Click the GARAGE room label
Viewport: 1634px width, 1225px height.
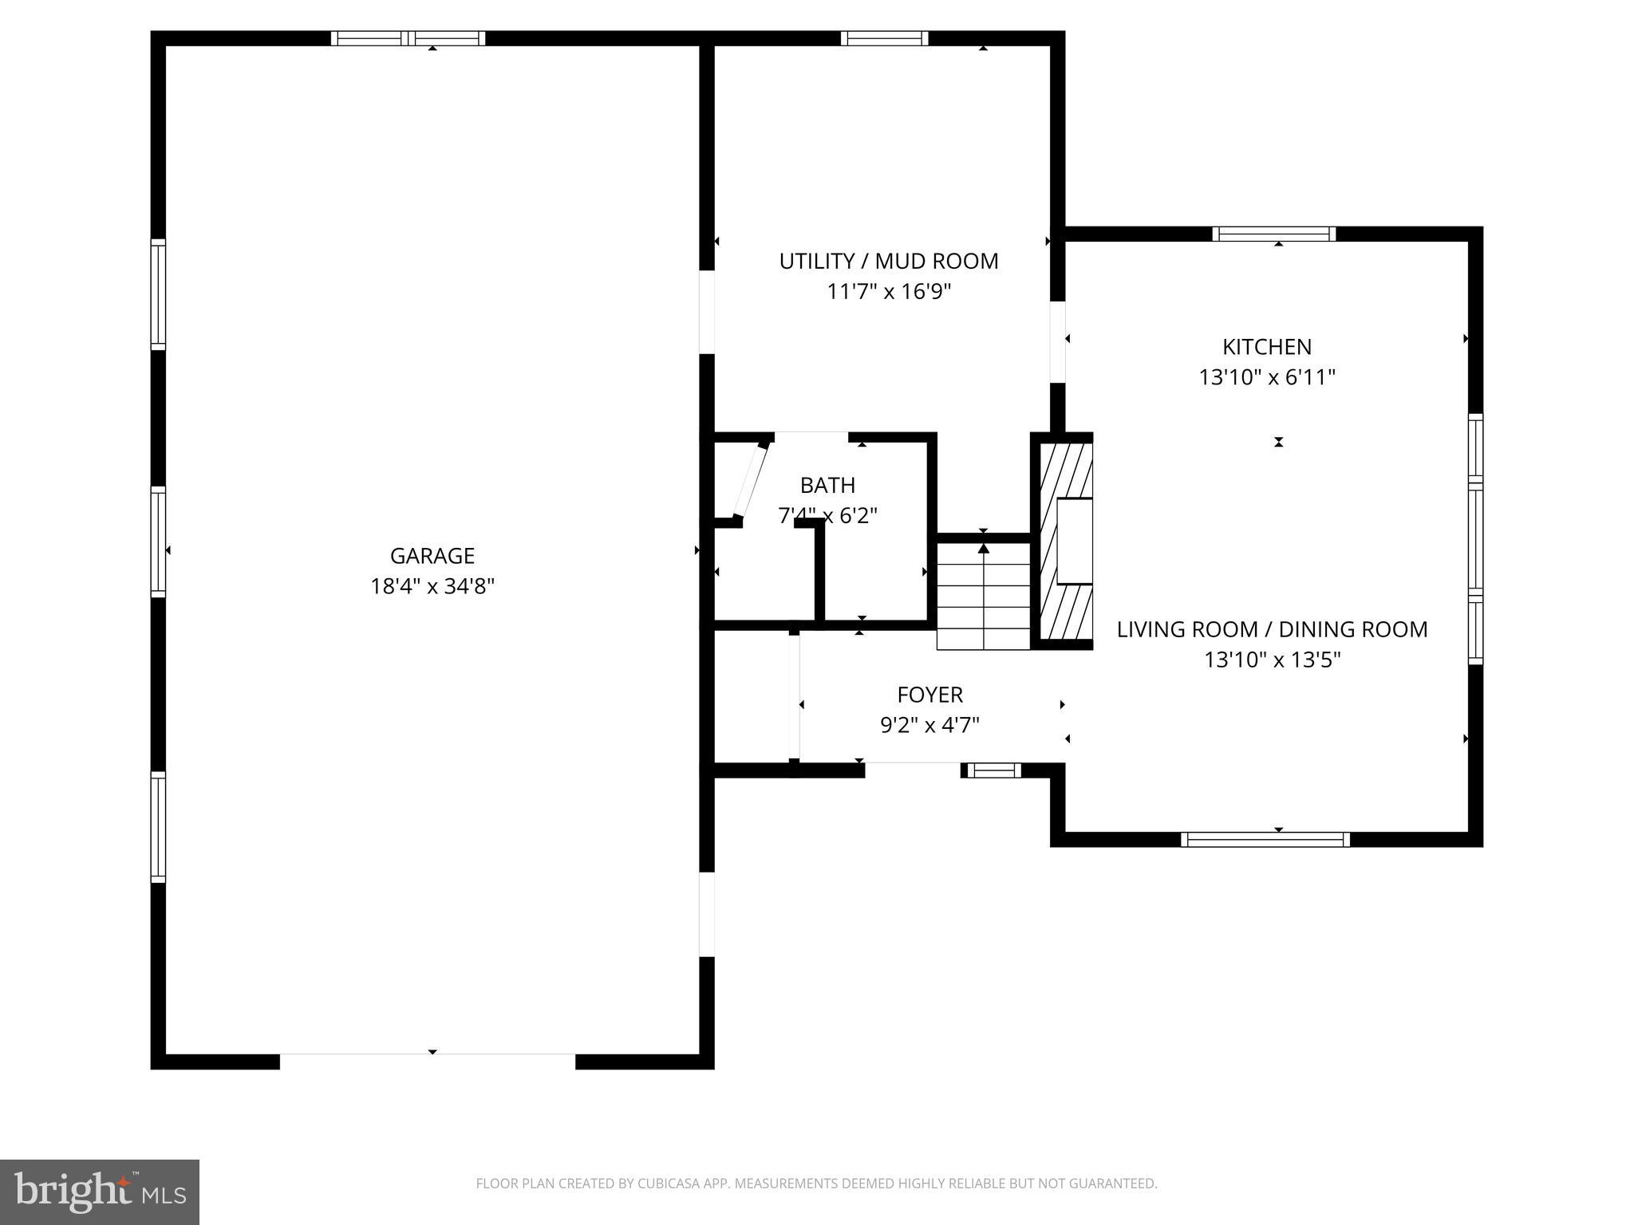tap(432, 556)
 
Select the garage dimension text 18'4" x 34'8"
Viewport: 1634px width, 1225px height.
tap(432, 587)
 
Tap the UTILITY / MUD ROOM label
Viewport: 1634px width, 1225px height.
tap(888, 262)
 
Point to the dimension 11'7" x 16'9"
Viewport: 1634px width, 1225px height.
tap(888, 292)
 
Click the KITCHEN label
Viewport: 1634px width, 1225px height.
tap(1267, 347)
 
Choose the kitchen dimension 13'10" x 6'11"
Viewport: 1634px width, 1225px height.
tap(1267, 377)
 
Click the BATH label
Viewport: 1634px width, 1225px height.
tap(827, 485)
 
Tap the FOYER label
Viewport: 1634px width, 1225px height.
tap(929, 695)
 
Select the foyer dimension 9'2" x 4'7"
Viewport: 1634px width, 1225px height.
tap(929, 725)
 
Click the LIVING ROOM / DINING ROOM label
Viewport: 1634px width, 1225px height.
tap(1272, 629)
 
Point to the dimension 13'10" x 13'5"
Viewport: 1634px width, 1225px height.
tap(1272, 660)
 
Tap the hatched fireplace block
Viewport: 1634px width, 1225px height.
tap(1064, 542)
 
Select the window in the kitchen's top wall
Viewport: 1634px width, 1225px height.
tap(1273, 234)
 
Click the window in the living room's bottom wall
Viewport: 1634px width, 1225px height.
tap(1265, 839)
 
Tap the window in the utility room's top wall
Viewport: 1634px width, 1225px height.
tap(884, 38)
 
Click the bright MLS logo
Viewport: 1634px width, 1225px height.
tap(100, 1192)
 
